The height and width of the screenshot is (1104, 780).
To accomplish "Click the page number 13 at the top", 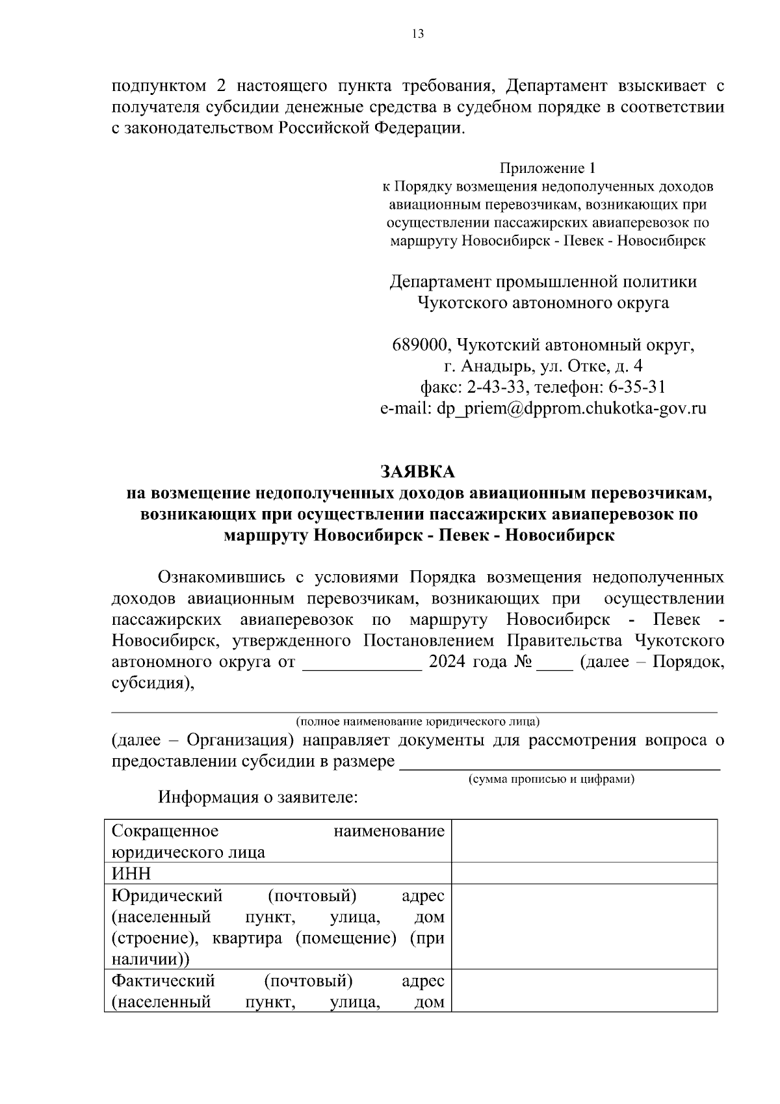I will (417, 34).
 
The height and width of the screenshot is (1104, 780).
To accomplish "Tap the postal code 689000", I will (418, 345).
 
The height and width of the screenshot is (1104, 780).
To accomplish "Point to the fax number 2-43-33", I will (494, 388).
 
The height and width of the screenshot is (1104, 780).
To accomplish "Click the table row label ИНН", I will (131, 873).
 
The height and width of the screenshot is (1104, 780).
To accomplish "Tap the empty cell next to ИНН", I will (584, 873).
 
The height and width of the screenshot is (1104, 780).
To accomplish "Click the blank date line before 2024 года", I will (362, 664).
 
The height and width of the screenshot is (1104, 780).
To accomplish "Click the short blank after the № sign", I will (554, 664).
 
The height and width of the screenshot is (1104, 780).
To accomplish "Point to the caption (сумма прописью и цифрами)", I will (551, 779).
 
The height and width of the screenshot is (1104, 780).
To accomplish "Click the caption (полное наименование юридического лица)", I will (418, 722).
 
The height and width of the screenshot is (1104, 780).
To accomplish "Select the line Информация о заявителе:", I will (257, 797).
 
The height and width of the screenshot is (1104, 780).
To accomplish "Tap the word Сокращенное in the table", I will (165, 831).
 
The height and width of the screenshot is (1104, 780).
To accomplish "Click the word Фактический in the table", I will (163, 980).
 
